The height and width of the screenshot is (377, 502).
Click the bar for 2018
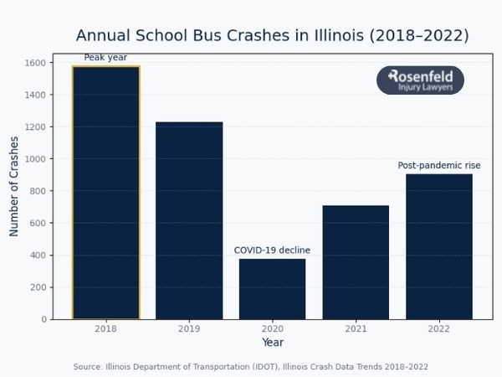[x=105, y=193]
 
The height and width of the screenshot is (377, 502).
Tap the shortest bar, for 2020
[x=272, y=289]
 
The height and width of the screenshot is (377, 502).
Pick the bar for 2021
[x=356, y=262]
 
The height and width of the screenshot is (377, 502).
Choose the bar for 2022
[x=439, y=246]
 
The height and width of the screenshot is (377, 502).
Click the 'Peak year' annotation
[x=105, y=58]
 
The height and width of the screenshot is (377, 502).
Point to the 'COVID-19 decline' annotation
[x=272, y=250]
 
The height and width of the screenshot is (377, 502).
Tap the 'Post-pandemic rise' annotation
[x=435, y=166]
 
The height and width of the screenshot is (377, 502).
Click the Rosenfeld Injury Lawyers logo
[x=420, y=80]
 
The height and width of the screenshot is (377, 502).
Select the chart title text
[x=272, y=36]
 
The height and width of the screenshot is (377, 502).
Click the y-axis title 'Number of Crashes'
[x=14, y=186]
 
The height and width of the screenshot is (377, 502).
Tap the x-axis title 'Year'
[x=273, y=343]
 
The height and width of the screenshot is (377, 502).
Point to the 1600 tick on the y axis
[x=35, y=63]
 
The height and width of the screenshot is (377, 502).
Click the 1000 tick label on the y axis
[x=35, y=159]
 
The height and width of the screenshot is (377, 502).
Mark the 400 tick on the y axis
[x=38, y=256]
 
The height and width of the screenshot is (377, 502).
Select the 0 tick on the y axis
[x=44, y=319]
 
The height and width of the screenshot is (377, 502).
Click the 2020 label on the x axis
[x=272, y=329]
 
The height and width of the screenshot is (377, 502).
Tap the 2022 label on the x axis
[x=439, y=329]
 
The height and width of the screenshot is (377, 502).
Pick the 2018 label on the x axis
[x=105, y=329]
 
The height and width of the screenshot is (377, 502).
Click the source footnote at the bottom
[x=251, y=367]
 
